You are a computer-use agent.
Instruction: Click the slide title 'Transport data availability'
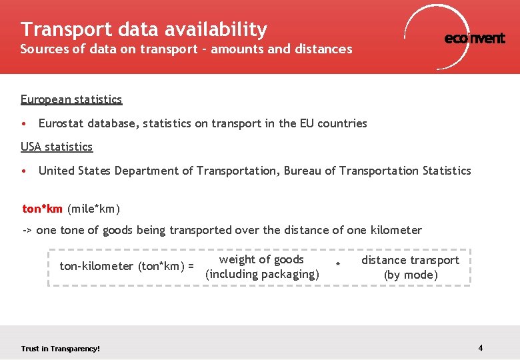(143, 29)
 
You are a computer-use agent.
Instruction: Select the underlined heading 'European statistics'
(71, 99)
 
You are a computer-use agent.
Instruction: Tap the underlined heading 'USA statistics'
(57, 147)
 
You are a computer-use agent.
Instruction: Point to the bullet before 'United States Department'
(24, 171)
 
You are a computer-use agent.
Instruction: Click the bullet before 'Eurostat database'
(24, 124)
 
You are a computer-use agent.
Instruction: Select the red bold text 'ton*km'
(43, 209)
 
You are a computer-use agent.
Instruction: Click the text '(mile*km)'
(94, 209)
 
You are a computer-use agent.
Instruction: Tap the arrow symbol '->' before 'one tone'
(27, 231)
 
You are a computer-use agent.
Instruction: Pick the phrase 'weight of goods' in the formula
(261, 259)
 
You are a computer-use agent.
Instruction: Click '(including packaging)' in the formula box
(262, 274)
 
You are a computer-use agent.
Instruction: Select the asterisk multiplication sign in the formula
(338, 266)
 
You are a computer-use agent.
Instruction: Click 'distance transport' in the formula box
(410, 260)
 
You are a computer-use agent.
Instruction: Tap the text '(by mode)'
(411, 275)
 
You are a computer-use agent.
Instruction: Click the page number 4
(481, 348)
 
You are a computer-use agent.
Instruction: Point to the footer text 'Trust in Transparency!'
(60, 349)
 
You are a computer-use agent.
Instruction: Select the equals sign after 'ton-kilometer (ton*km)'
(191, 266)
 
